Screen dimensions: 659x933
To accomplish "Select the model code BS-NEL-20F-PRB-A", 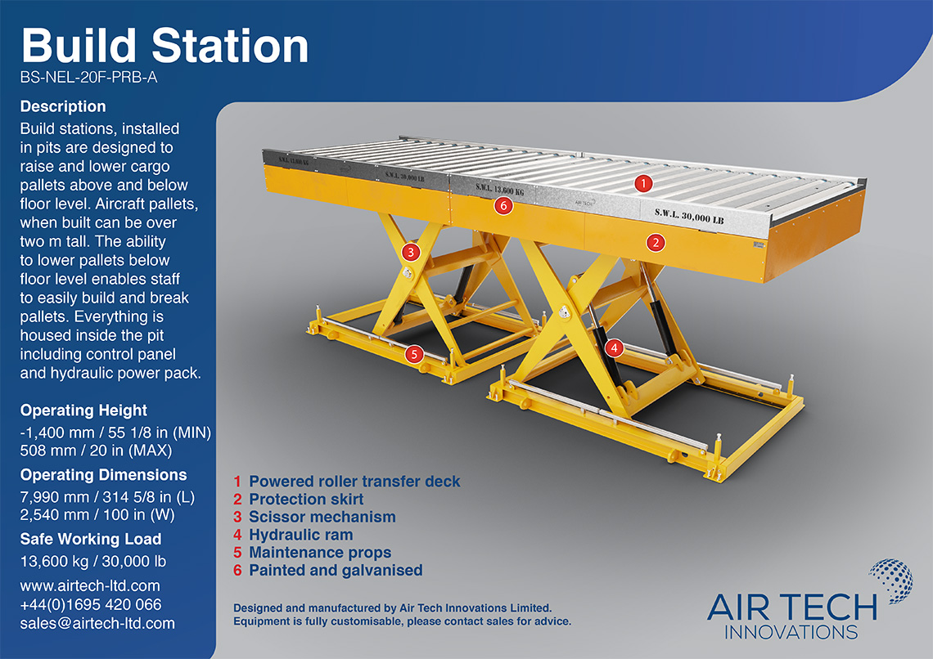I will [88, 79].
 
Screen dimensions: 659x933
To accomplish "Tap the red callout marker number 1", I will [644, 183].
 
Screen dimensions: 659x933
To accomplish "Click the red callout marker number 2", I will [655, 242].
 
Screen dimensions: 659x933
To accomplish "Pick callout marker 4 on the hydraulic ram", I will [615, 347].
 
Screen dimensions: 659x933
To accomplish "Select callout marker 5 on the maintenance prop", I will [414, 354].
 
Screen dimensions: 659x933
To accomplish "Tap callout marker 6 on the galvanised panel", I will [504, 206].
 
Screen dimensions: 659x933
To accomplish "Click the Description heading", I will [63, 106].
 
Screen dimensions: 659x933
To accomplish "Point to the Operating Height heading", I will [83, 410].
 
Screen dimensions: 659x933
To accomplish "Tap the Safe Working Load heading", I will [91, 539].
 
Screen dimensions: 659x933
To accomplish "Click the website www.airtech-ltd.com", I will [90, 585].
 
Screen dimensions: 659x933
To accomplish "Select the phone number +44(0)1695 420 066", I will [91, 604].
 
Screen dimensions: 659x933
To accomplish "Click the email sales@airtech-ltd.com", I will [97, 623].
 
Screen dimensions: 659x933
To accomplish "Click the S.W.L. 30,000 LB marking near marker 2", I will [689, 217].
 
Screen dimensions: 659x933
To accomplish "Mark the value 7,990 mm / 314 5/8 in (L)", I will [106, 497].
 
